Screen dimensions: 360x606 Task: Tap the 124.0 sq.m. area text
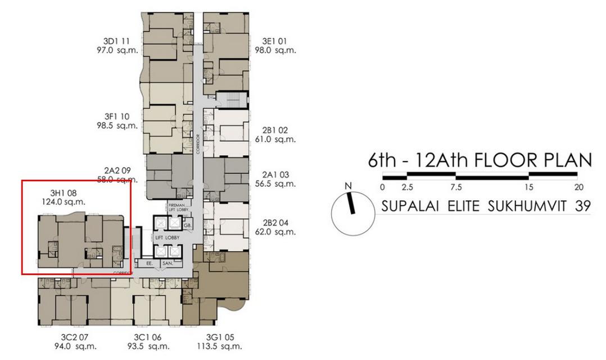click(64, 201)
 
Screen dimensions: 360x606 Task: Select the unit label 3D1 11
click(116, 41)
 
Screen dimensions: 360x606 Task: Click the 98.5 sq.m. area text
click(117, 125)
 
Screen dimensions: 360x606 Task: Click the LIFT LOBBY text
click(167, 238)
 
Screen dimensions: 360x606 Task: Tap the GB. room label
click(187, 224)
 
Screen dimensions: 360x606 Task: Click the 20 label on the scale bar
click(579, 187)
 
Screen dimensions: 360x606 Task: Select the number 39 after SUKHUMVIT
click(582, 206)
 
